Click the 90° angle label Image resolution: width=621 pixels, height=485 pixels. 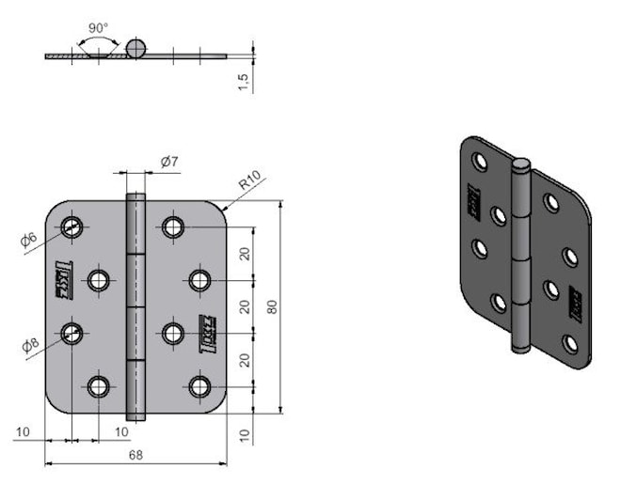[98, 28]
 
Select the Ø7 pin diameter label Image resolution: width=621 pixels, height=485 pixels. [169, 162]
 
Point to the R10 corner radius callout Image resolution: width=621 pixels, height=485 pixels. [250, 180]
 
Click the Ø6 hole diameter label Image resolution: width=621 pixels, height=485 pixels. [29, 241]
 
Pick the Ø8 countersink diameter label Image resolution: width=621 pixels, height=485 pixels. [29, 345]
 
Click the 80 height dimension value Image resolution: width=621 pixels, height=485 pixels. [272, 306]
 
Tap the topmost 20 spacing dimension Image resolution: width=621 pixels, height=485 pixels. [245, 254]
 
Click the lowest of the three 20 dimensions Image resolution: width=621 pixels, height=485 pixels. [245, 360]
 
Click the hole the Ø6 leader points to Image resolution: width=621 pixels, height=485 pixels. [72, 227]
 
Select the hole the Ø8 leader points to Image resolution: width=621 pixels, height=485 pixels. [72, 333]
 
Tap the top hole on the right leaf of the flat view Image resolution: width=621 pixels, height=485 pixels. [171, 227]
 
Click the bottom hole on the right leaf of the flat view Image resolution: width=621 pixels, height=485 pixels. [199, 386]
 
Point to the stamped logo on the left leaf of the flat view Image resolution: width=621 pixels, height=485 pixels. [63, 280]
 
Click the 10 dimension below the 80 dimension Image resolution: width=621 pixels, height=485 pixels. [245, 433]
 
